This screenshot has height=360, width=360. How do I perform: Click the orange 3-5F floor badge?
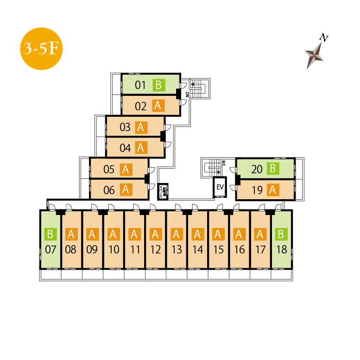coord(41,49)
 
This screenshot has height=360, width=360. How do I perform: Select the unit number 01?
coord(140,85)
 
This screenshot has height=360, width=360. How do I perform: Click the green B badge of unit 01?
coord(158,85)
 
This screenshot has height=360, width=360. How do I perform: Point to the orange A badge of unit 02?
coord(158,106)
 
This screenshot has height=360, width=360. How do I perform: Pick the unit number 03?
coord(125,127)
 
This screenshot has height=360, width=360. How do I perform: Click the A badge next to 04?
coord(141,148)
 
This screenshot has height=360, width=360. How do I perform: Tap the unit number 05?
coord(109,170)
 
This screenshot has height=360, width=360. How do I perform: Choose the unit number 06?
coord(109,190)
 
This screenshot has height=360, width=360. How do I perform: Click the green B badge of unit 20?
coord(273,169)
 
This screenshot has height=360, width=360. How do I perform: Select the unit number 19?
coord(257,190)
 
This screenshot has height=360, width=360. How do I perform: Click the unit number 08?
coord(71,250)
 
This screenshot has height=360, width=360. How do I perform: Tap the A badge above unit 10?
coord(113,234)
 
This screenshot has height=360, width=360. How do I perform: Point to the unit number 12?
coord(155,250)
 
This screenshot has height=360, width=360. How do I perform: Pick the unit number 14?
coord(197,250)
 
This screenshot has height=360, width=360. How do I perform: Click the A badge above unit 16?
coord(239,234)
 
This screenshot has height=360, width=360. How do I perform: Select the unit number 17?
coord(260,250)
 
